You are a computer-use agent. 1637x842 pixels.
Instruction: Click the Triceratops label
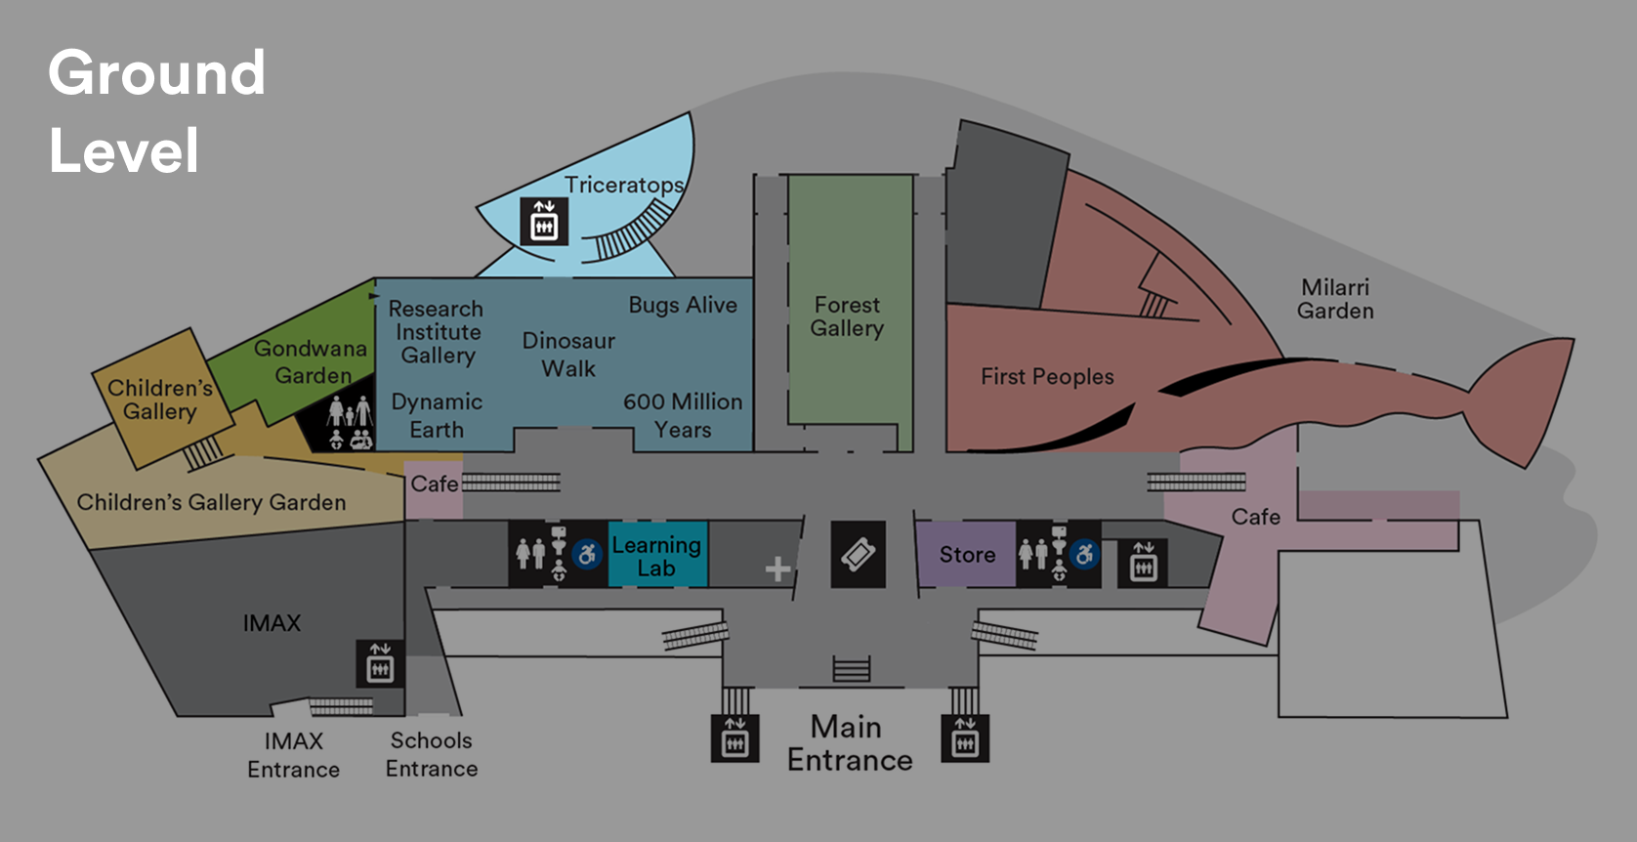pyautogui.click(x=624, y=185)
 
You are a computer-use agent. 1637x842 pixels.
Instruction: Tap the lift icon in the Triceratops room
pyautogui.click(x=544, y=222)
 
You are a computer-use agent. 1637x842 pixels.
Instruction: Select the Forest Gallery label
pyautogui.click(x=847, y=316)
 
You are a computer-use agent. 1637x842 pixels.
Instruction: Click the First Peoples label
pyautogui.click(x=1047, y=377)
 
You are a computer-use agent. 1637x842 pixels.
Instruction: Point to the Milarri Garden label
pyautogui.click(x=1335, y=299)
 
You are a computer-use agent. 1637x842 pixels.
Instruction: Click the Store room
pyautogui.click(x=966, y=555)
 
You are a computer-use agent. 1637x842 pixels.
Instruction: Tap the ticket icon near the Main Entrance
pyautogui.click(x=859, y=555)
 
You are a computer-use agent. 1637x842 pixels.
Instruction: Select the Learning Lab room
pyautogui.click(x=657, y=556)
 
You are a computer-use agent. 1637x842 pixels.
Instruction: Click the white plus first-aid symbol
pyautogui.click(x=777, y=568)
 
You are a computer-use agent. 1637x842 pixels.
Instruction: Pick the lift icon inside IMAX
pyautogui.click(x=380, y=664)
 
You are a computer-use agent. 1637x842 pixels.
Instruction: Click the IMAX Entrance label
pyautogui.click(x=293, y=755)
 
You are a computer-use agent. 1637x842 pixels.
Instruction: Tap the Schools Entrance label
pyautogui.click(x=432, y=754)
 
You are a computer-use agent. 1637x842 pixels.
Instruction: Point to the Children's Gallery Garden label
pyautogui.click(x=212, y=502)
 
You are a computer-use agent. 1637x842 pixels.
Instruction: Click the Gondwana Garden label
pyautogui.click(x=311, y=361)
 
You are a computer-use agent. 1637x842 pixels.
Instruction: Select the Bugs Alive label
pyautogui.click(x=683, y=305)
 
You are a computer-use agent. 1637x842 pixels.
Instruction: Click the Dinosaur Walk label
pyautogui.click(x=568, y=355)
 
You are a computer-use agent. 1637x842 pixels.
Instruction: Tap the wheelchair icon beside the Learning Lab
pyautogui.click(x=587, y=555)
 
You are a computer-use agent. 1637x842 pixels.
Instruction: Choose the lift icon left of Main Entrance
pyautogui.click(x=735, y=739)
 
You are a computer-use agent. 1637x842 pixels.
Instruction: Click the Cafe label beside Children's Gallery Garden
pyautogui.click(x=434, y=484)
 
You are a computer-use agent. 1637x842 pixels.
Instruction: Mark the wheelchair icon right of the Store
pyautogui.click(x=1084, y=555)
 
